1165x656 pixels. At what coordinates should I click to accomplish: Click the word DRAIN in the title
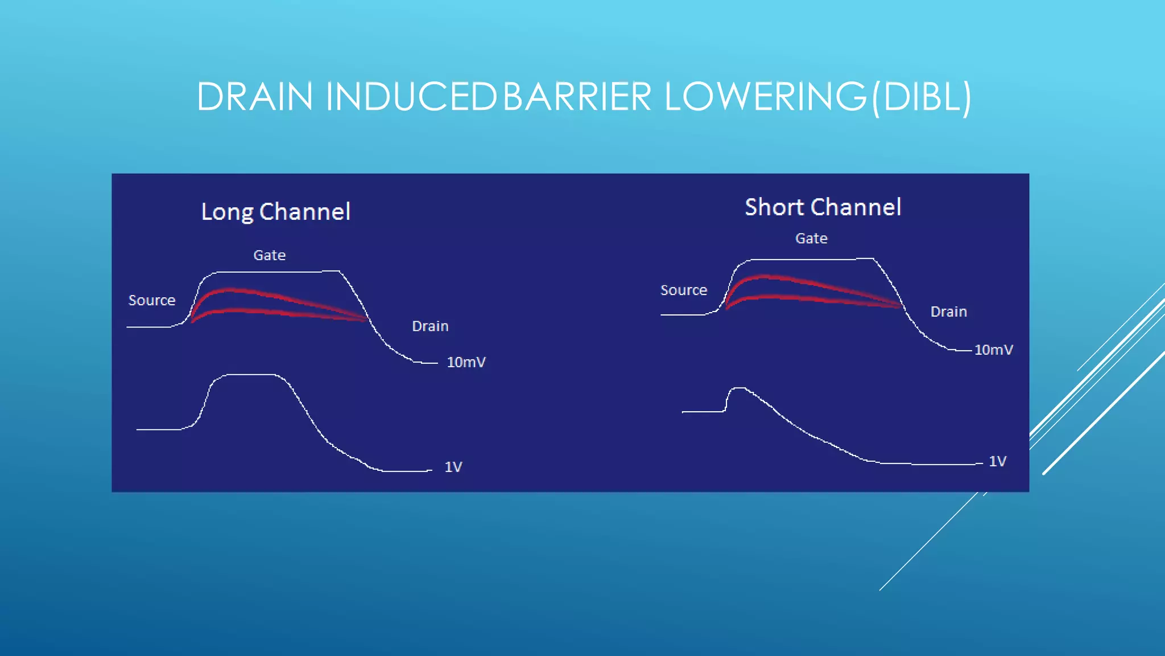[254, 97]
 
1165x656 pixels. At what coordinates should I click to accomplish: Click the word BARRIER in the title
[577, 97]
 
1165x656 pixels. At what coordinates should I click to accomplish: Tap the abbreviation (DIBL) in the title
[920, 97]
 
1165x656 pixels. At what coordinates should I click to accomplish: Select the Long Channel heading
[276, 212]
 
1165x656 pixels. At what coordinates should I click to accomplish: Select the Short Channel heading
[823, 207]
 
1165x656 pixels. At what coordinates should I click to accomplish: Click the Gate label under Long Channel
[269, 255]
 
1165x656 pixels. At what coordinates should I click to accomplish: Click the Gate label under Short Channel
[811, 239]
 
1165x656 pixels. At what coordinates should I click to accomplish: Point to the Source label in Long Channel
[152, 300]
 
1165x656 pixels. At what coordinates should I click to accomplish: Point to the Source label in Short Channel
[683, 290]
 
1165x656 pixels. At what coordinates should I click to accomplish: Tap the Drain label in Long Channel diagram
[430, 326]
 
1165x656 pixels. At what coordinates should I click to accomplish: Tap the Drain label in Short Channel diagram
[948, 311]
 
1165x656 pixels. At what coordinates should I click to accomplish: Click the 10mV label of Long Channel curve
[466, 362]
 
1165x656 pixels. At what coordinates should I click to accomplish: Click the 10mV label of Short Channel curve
[993, 350]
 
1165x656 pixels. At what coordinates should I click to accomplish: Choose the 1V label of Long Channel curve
[453, 467]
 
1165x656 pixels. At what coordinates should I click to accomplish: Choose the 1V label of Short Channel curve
[997, 461]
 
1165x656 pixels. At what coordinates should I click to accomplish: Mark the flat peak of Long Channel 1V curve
[250, 375]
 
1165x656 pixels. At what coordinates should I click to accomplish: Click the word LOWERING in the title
[765, 97]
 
